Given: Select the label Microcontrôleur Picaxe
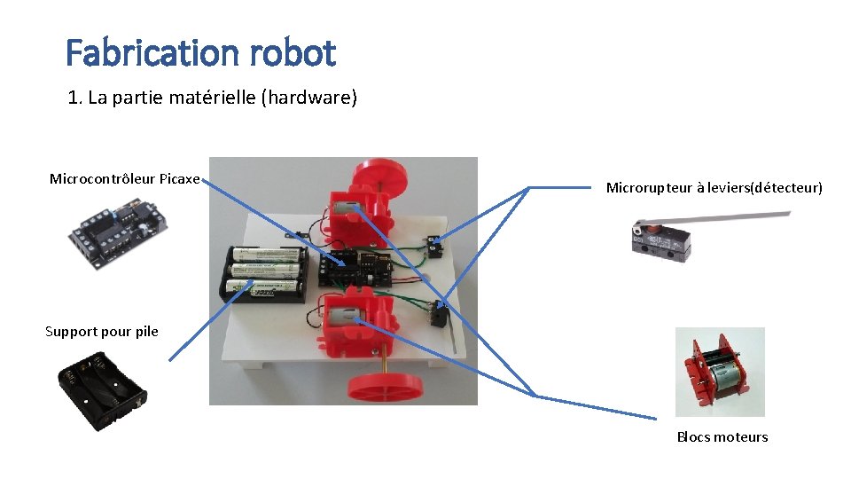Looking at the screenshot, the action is pyautogui.click(x=125, y=179).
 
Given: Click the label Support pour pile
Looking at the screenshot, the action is pyautogui.click(x=102, y=332).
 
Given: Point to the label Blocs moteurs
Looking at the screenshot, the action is pyautogui.click(x=722, y=436).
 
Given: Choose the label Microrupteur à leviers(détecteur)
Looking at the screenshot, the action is pyautogui.click(x=714, y=188).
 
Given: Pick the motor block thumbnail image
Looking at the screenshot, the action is pyautogui.click(x=720, y=373).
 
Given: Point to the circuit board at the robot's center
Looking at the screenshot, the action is pyautogui.click(x=355, y=269).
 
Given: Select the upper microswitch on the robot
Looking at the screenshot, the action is pyautogui.click(x=433, y=247).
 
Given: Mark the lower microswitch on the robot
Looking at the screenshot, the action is pyautogui.click(x=437, y=315).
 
